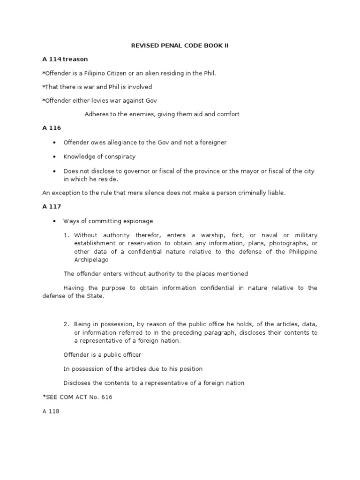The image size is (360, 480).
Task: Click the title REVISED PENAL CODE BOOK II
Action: (180, 46)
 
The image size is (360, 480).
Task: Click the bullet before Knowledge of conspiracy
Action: (55, 157)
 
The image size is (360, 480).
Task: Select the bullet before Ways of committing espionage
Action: (55, 221)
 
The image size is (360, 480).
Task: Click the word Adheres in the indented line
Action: (96, 114)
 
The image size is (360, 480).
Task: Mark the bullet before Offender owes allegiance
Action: (55, 142)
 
